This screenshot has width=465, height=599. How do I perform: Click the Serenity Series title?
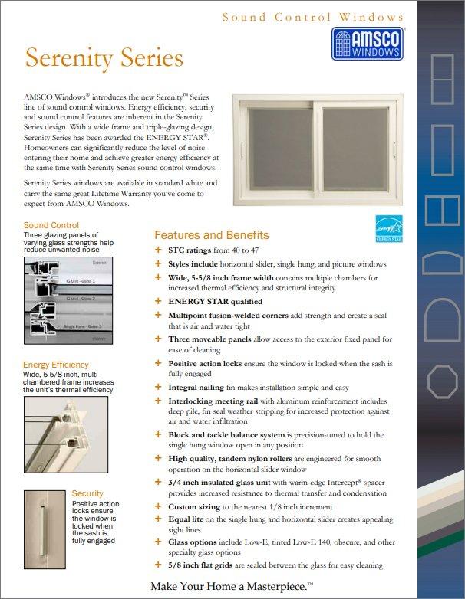click(x=104, y=58)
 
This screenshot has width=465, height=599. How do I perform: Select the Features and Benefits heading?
click(x=212, y=235)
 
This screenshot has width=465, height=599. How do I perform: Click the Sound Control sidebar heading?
click(x=51, y=225)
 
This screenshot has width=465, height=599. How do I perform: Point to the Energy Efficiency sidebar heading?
click(x=56, y=365)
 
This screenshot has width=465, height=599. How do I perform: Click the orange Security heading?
click(x=87, y=493)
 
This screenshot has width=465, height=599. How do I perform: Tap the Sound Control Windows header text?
click(x=312, y=17)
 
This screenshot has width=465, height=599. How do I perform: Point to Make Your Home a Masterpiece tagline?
click(x=232, y=586)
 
